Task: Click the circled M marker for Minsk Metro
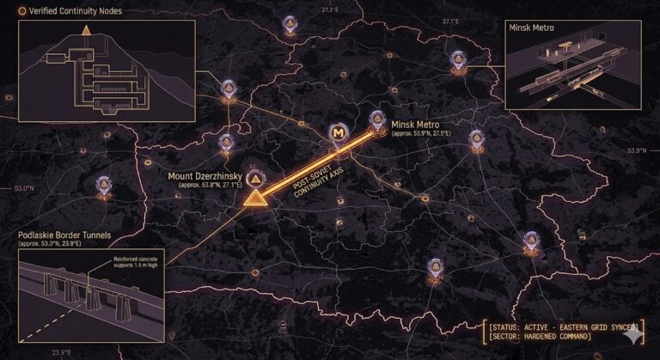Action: pos(339,134)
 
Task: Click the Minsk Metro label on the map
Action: pos(417,123)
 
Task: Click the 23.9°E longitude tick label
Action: pos(61,351)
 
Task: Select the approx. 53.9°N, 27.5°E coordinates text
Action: pos(420,133)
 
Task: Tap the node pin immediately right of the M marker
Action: pos(375,120)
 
